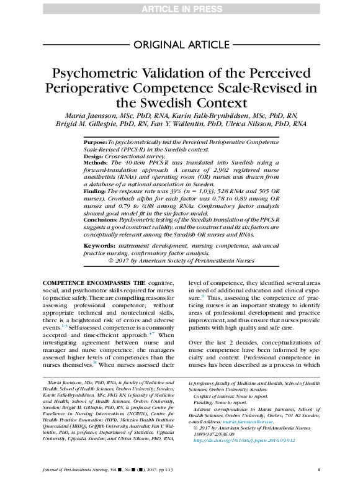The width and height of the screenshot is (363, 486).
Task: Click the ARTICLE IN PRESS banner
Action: click(181, 7)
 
